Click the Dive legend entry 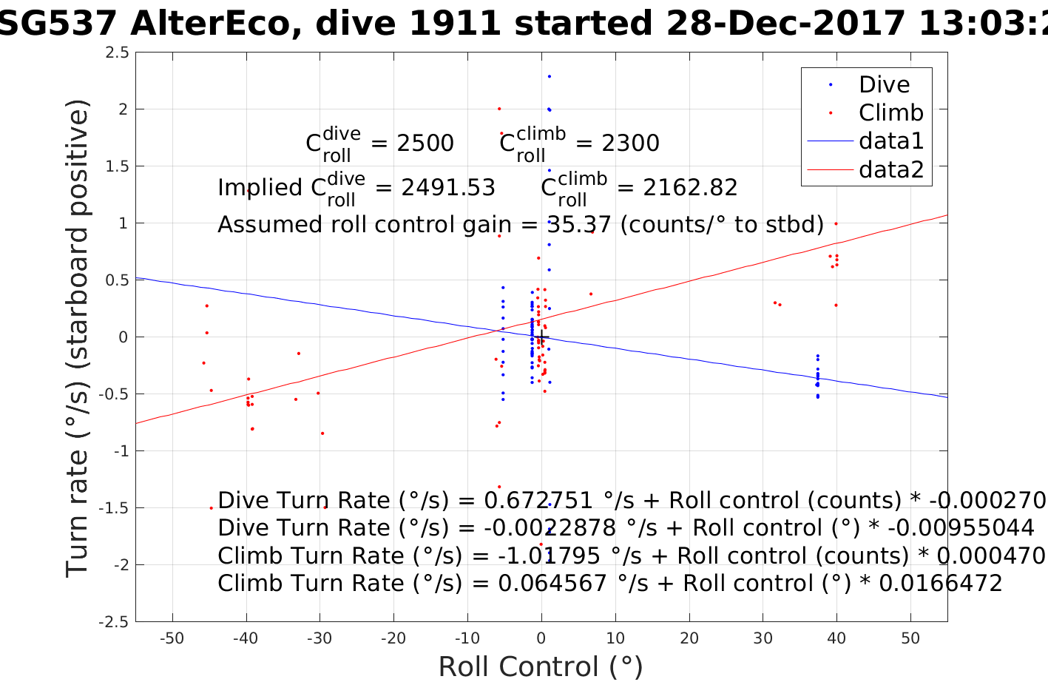point(884,85)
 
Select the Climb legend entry point(890,113)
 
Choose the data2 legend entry point(891,170)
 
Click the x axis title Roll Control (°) point(541,667)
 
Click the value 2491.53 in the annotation point(448,188)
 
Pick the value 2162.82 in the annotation point(690,188)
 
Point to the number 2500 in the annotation point(425,143)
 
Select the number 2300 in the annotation point(630,143)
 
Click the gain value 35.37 point(579,225)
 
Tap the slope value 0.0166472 point(940,584)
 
